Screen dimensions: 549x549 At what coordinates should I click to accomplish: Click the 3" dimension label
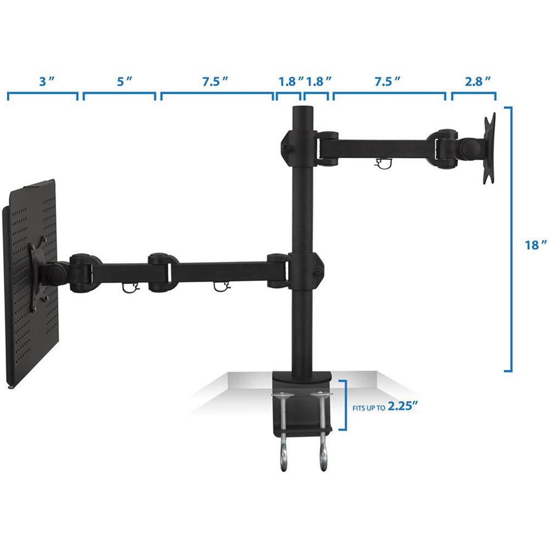(x=44, y=81)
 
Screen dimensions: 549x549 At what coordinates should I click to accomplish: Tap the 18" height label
(x=535, y=245)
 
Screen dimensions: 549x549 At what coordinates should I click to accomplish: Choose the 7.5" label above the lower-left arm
(x=214, y=81)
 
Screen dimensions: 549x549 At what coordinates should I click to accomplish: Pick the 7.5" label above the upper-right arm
(x=387, y=81)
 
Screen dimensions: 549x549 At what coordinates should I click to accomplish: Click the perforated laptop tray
(x=30, y=280)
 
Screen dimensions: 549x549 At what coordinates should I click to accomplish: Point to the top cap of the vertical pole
(x=302, y=109)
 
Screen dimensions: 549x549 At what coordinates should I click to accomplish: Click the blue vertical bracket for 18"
(x=509, y=239)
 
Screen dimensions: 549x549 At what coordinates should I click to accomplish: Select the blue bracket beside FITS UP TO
(x=344, y=405)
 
